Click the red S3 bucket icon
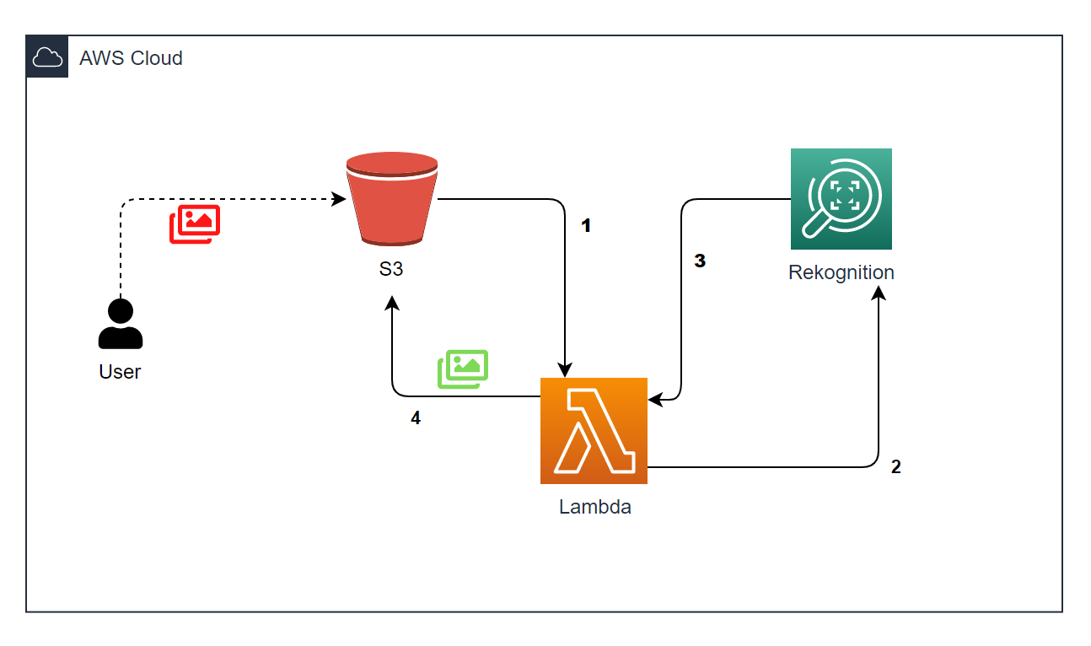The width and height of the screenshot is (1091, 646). [391, 199]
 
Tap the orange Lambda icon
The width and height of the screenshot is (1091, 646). [594, 431]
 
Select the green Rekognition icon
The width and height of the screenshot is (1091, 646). [841, 199]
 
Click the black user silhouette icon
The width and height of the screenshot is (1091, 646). [121, 325]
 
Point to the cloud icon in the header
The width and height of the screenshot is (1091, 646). [47, 57]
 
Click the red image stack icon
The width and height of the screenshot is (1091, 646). [195, 223]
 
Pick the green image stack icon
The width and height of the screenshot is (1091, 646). [463, 369]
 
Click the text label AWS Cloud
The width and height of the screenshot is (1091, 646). [131, 58]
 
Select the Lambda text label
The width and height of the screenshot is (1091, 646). [594, 507]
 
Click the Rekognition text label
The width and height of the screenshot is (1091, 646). [841, 272]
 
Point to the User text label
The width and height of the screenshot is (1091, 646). [120, 372]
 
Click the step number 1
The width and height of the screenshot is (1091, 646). [587, 226]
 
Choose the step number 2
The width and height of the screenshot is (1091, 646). [895, 466]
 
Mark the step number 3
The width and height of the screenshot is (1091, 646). [699, 261]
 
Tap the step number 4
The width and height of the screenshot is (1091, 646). [415, 418]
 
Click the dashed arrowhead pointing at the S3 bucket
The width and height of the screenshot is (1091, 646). [339, 200]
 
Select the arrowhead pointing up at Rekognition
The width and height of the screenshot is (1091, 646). [879, 293]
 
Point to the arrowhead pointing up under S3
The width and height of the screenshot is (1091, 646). [392, 302]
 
